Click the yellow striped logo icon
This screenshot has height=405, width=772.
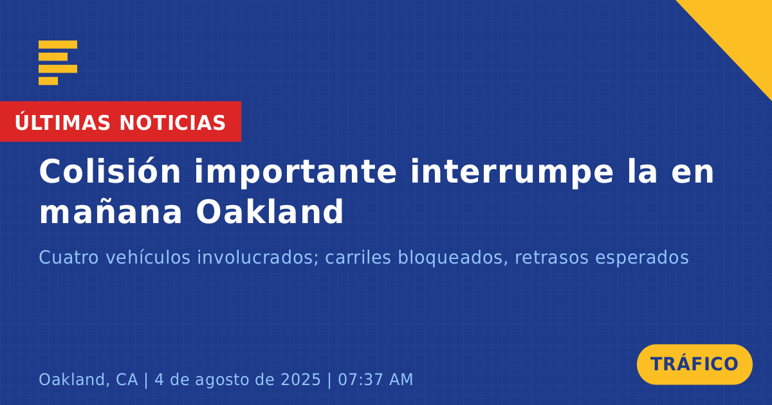click(58, 63)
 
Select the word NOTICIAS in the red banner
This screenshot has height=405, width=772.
click(172, 123)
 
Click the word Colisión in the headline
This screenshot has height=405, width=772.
click(110, 172)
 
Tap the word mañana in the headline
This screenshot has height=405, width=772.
click(111, 212)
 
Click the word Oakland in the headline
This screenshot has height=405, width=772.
click(270, 211)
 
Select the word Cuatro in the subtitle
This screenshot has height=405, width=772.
click(69, 257)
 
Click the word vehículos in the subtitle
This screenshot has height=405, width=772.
click(148, 257)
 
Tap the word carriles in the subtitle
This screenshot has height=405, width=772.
click(358, 257)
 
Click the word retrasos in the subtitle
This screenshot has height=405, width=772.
click(552, 258)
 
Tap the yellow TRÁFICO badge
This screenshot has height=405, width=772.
click(694, 364)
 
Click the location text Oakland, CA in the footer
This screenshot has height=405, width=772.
click(88, 380)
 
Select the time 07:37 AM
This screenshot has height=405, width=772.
click(375, 380)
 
